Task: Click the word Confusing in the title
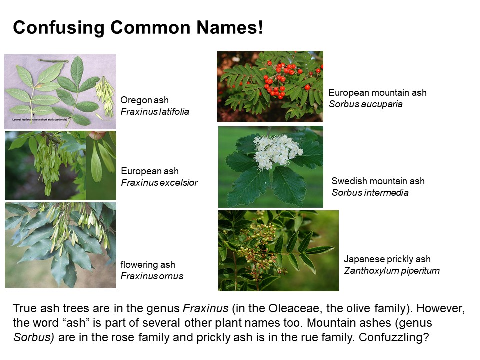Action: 59,28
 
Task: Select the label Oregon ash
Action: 145,100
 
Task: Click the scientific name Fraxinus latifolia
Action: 155,111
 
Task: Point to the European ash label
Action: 150,171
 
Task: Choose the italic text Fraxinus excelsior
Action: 159,183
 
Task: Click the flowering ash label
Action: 148,264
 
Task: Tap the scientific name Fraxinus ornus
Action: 152,276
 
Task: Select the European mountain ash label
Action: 378,93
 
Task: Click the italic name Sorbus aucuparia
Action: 366,104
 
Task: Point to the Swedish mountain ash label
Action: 378,181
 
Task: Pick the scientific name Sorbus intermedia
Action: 370,193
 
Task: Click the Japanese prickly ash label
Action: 387,259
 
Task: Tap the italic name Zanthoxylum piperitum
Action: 392,271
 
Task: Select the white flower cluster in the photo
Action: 277,151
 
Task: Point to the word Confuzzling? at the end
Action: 394,337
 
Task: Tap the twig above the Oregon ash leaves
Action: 53,61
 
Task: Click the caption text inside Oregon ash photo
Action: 40,120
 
